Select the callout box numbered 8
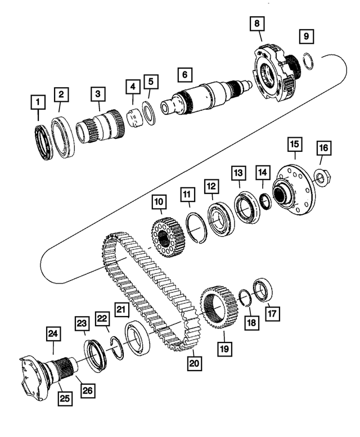point(257,24)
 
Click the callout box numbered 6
point(183,74)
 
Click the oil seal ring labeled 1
point(43,139)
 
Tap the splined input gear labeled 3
point(101,129)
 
